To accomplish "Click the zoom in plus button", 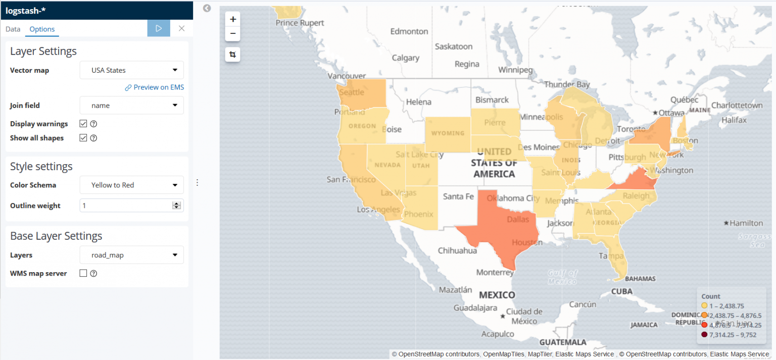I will coord(232,19).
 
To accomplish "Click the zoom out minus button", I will coord(232,34).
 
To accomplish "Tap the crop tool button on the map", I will coord(232,55).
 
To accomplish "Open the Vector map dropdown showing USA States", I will coord(132,70).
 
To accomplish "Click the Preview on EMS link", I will coord(155,87).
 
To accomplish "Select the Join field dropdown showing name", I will coord(132,106).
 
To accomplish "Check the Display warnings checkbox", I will coord(83,124).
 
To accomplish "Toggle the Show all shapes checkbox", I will coord(83,138).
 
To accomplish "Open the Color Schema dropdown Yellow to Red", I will coord(132,185).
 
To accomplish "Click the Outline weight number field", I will coord(126,205).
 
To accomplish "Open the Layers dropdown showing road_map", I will coord(132,255).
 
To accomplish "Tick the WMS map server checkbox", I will coord(83,273).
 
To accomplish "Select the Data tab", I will coord(13,29).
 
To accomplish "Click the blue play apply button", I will coord(159,28).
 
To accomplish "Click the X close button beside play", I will coord(181,28).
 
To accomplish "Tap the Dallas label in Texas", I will coord(518,219).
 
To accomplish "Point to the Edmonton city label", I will coord(409,31).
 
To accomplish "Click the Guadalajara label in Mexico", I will coord(476,307).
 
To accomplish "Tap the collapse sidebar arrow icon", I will coord(207,8).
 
